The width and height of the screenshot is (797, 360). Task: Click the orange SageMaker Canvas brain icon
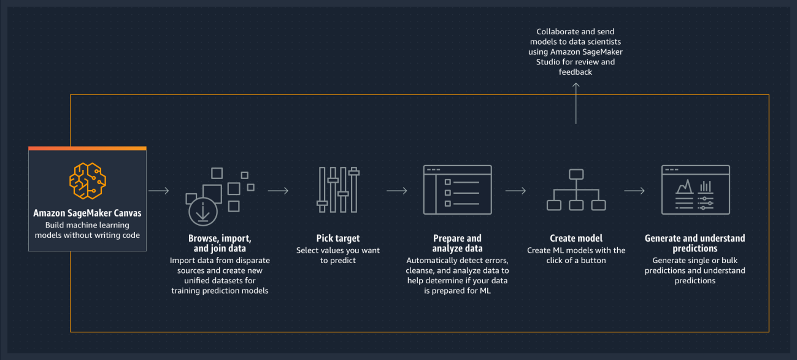point(87,180)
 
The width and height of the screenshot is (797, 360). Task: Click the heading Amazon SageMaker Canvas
point(87,213)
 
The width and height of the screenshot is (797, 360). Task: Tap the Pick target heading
point(338,238)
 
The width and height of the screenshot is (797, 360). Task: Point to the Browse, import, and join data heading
point(220,243)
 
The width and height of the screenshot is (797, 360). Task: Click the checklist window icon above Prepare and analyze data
point(457,190)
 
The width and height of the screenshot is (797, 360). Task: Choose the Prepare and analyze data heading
point(457,243)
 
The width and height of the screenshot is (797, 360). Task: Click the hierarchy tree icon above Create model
point(576,190)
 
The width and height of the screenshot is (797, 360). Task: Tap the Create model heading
point(576,238)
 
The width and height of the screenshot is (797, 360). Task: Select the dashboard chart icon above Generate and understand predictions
point(695,190)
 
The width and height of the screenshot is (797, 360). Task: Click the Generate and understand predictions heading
point(695,243)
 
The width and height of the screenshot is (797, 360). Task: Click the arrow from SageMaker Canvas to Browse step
point(158,191)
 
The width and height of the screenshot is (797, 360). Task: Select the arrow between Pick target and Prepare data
point(396,191)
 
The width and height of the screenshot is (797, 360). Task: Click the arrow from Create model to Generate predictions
point(634,191)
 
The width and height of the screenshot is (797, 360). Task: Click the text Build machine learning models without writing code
point(87,230)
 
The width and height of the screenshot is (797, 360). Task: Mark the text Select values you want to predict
point(338,255)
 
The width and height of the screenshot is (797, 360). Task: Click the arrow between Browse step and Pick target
point(278,191)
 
